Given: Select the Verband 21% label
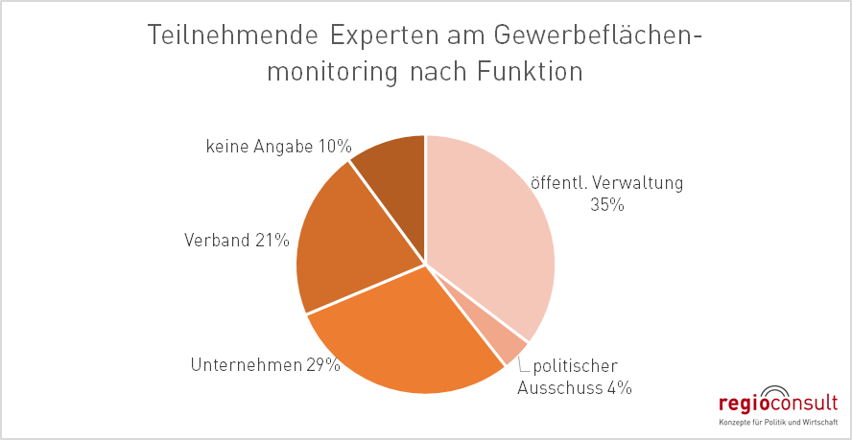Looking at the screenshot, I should click(x=236, y=240).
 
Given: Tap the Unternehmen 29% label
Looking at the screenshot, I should click(x=265, y=364).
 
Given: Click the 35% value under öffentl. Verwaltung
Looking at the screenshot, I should click(x=607, y=204).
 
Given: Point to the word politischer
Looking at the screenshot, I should click(x=576, y=365).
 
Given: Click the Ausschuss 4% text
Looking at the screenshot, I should click(x=574, y=387).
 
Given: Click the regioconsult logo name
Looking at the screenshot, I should click(x=779, y=404).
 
